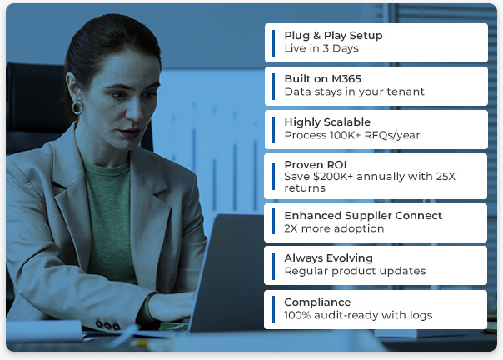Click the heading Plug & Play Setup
point(333,36)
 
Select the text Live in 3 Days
point(321,49)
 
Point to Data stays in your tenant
point(354,92)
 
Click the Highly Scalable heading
point(327,122)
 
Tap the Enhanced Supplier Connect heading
point(363,215)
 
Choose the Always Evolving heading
point(328,258)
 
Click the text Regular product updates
point(355,272)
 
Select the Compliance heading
point(317,302)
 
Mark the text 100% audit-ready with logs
point(358,315)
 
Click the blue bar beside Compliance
point(273,308)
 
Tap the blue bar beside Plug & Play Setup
point(273,42)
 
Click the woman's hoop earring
point(77,107)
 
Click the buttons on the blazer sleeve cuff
point(106,324)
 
